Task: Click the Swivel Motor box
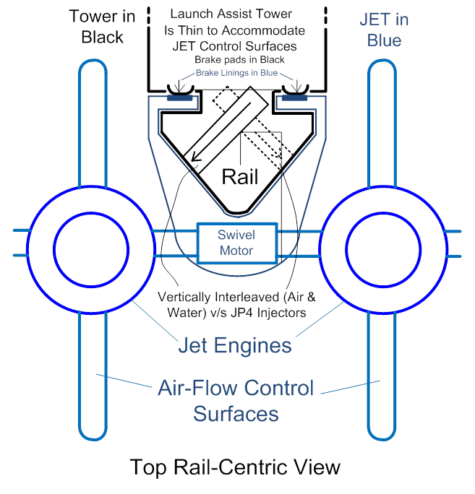[x=237, y=243]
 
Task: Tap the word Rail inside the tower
[x=240, y=176]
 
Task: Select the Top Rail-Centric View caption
[x=235, y=467]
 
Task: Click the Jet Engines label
[x=235, y=345]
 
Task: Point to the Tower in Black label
[x=102, y=27]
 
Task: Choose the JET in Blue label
[x=384, y=30]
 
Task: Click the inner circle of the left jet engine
[x=91, y=250]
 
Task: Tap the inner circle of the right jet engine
[x=383, y=250]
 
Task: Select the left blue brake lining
[x=179, y=98]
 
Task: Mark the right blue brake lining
[x=294, y=98]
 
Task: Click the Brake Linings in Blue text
[x=236, y=73]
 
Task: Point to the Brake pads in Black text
[x=239, y=59]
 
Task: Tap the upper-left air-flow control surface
[x=93, y=123]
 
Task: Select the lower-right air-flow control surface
[x=382, y=376]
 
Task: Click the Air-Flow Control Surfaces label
[x=236, y=400]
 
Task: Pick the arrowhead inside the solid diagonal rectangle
[x=195, y=157]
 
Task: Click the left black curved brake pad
[x=180, y=90]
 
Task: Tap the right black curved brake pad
[x=295, y=90]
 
